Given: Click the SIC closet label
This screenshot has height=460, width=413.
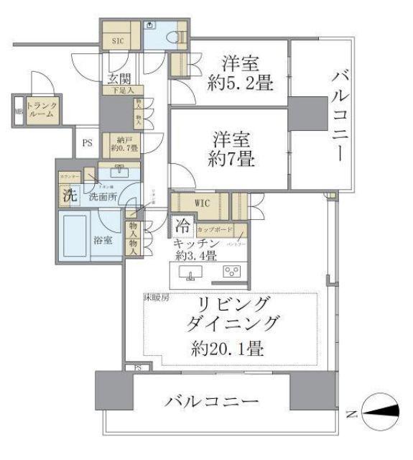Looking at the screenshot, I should (118, 41).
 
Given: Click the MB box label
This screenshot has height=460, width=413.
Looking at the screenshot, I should (19, 112).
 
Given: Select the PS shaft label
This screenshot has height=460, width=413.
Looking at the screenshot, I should (87, 143).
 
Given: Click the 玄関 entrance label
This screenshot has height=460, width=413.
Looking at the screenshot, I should (119, 78).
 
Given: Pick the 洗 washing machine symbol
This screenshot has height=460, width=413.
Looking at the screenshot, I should (69, 194).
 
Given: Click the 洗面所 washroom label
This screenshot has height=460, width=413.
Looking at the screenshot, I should (103, 196).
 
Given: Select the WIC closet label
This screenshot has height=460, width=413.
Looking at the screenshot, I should (203, 203).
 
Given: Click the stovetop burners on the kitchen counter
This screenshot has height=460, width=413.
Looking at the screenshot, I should (232, 272).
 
